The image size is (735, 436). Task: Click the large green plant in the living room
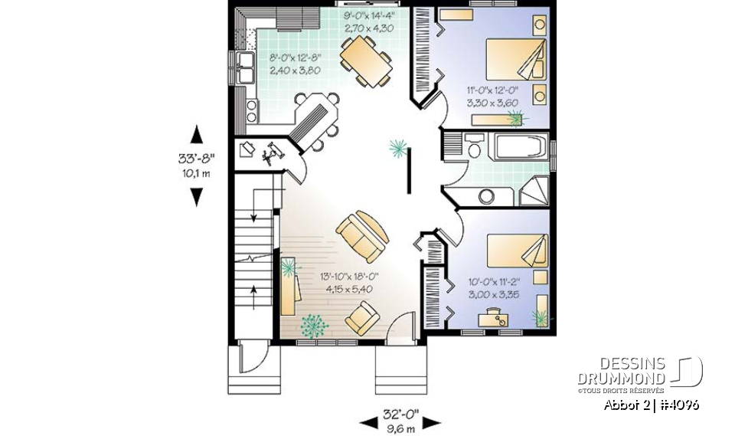click(x=311, y=326)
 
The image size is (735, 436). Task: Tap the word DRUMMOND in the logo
click(x=621, y=378)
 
